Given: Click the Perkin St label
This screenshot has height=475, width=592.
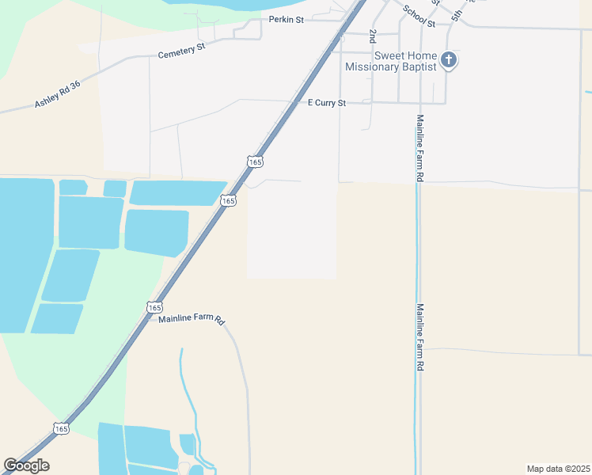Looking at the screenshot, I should click(x=287, y=19).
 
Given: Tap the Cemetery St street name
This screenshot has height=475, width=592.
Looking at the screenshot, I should click(x=181, y=51).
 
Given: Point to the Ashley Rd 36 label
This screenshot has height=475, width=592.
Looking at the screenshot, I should click(x=58, y=94).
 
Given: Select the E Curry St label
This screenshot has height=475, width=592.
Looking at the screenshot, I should click(x=327, y=103).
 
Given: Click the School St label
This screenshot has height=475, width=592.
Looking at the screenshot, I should click(x=419, y=16).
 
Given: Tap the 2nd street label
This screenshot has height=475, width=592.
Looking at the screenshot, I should click(x=372, y=36).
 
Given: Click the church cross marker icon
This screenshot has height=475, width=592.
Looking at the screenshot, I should click(x=449, y=59).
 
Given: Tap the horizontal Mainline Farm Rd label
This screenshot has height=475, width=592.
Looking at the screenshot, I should click(x=192, y=319).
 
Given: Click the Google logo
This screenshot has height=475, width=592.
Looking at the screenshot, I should click(x=26, y=465).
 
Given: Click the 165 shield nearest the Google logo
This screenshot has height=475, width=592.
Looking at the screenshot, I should click(x=61, y=428).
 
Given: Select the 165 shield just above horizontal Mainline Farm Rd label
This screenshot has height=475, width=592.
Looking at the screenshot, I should click(x=154, y=306).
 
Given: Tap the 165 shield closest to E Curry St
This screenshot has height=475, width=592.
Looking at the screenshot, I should click(x=254, y=161).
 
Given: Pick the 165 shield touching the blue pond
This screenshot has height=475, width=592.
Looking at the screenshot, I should click(x=228, y=201).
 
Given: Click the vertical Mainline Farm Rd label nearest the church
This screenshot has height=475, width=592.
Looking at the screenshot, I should click(x=420, y=148).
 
